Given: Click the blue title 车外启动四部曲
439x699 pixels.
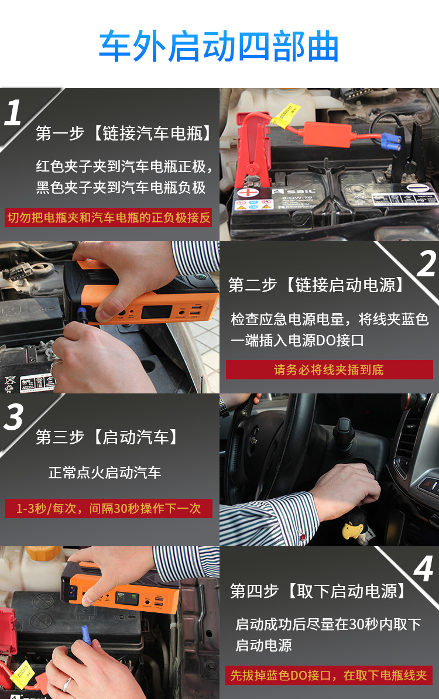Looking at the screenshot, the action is [218, 46].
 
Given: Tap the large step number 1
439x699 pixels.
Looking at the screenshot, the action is [13, 112].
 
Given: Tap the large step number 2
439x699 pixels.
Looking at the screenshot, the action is [426, 263].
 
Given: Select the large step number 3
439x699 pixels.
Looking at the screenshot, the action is [13, 417].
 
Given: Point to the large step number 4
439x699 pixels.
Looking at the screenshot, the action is [423, 568].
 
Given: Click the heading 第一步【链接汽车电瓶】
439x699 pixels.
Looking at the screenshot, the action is [124, 133].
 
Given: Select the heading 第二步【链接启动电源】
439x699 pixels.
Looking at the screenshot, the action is [316, 285].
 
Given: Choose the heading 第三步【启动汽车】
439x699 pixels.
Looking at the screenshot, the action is [107, 437].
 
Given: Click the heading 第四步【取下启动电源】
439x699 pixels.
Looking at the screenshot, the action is [318, 591].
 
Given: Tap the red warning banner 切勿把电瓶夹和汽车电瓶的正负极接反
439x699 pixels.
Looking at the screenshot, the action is [108, 218].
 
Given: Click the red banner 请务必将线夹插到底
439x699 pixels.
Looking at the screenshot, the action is [330, 369].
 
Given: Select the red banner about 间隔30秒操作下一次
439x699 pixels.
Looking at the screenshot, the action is [108, 508].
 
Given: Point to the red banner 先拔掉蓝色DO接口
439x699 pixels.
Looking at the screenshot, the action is [330, 676].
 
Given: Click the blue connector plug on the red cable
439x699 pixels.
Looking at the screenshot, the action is [390, 141].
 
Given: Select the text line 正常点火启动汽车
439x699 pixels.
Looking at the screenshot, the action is [105, 472].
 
